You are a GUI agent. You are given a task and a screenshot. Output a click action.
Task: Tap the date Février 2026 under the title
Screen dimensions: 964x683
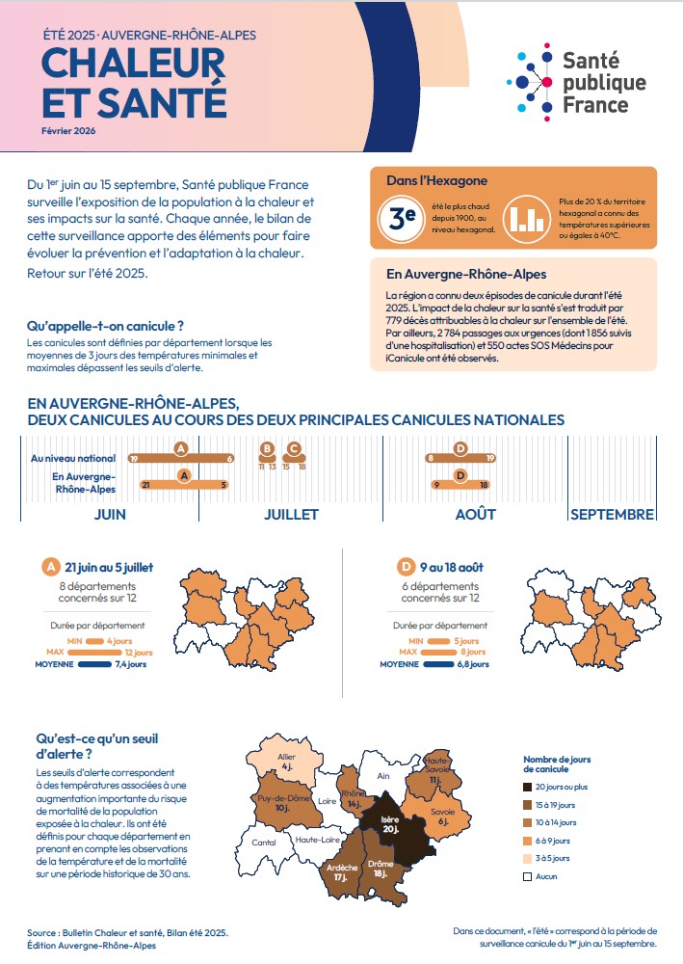click(x=69, y=130)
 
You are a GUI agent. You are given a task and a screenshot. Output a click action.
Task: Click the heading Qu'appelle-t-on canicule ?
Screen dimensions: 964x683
click(x=105, y=326)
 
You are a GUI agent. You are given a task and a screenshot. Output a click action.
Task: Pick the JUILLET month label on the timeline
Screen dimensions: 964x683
click(x=291, y=514)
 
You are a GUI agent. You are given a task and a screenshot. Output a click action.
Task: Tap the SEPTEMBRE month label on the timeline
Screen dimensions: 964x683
click(x=612, y=514)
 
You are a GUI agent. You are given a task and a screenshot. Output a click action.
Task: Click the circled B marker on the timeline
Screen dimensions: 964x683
click(x=267, y=448)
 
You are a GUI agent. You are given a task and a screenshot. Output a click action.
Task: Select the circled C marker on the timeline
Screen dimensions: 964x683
click(x=294, y=448)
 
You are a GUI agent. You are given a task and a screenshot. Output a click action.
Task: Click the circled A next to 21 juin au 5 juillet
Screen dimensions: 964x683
click(x=50, y=566)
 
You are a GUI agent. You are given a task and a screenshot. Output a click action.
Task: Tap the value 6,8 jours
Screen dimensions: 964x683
click(x=473, y=664)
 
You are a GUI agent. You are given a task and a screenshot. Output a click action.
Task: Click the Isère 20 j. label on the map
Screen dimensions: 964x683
click(x=389, y=824)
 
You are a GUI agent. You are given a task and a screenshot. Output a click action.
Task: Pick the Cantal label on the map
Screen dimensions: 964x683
click(x=264, y=842)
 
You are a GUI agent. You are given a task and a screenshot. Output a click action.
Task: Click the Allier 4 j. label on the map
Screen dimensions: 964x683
click(x=287, y=762)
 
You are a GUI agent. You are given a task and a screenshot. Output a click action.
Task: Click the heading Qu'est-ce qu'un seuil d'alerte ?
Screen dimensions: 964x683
click(x=97, y=746)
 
